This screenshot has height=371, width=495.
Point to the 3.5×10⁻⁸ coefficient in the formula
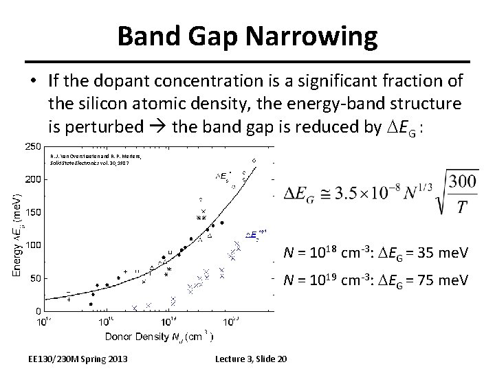358,196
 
